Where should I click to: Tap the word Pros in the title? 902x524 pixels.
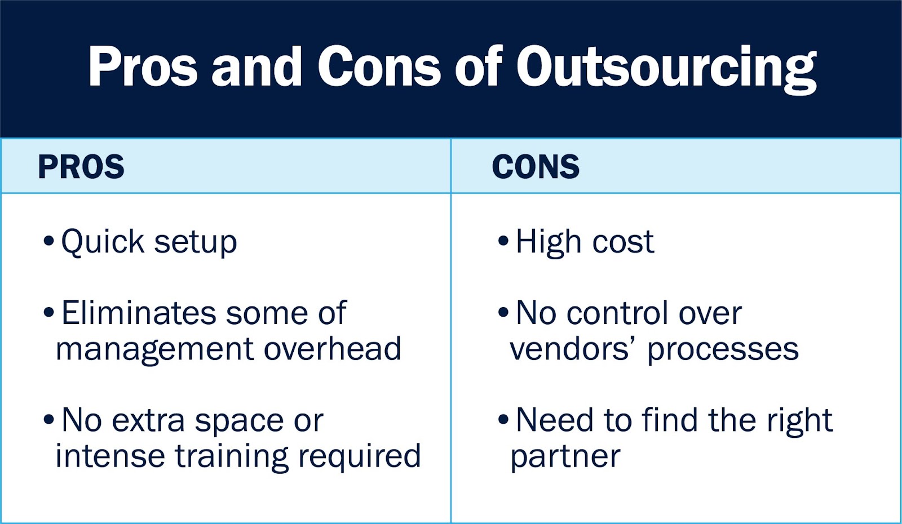[x=143, y=66]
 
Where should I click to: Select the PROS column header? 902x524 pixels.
[x=81, y=166]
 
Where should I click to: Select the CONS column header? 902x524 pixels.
[x=536, y=166]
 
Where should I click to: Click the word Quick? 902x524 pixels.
[x=103, y=242]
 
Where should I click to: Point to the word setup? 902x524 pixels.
[x=196, y=243]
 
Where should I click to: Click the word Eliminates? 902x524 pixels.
[x=139, y=313]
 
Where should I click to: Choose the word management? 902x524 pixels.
[x=155, y=350]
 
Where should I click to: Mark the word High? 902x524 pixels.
[x=549, y=243]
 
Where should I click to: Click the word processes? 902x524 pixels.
[x=723, y=350]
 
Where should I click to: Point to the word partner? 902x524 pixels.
[x=565, y=457]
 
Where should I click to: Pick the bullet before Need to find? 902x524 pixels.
[x=503, y=419]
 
